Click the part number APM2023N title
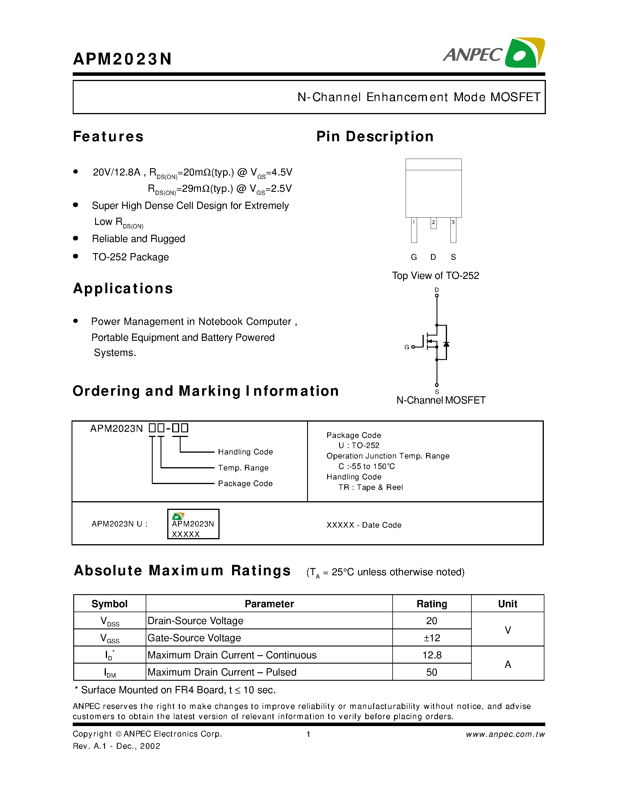click(x=122, y=59)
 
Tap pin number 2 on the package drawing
click(x=434, y=223)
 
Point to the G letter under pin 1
click(x=414, y=257)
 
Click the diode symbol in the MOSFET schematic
click(x=446, y=344)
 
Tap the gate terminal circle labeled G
click(x=413, y=347)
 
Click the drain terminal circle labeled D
click(x=437, y=295)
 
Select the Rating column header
click(x=432, y=604)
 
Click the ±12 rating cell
click(x=432, y=638)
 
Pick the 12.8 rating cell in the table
click(x=432, y=655)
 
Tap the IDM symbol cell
click(x=109, y=672)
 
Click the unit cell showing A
click(x=507, y=664)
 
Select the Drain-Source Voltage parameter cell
click(x=195, y=621)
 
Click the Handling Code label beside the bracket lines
click(x=245, y=452)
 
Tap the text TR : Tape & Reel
click(x=371, y=487)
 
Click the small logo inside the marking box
click(x=178, y=516)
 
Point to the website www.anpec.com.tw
click(x=505, y=734)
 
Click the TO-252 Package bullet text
click(x=130, y=257)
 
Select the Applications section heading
click(x=123, y=289)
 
